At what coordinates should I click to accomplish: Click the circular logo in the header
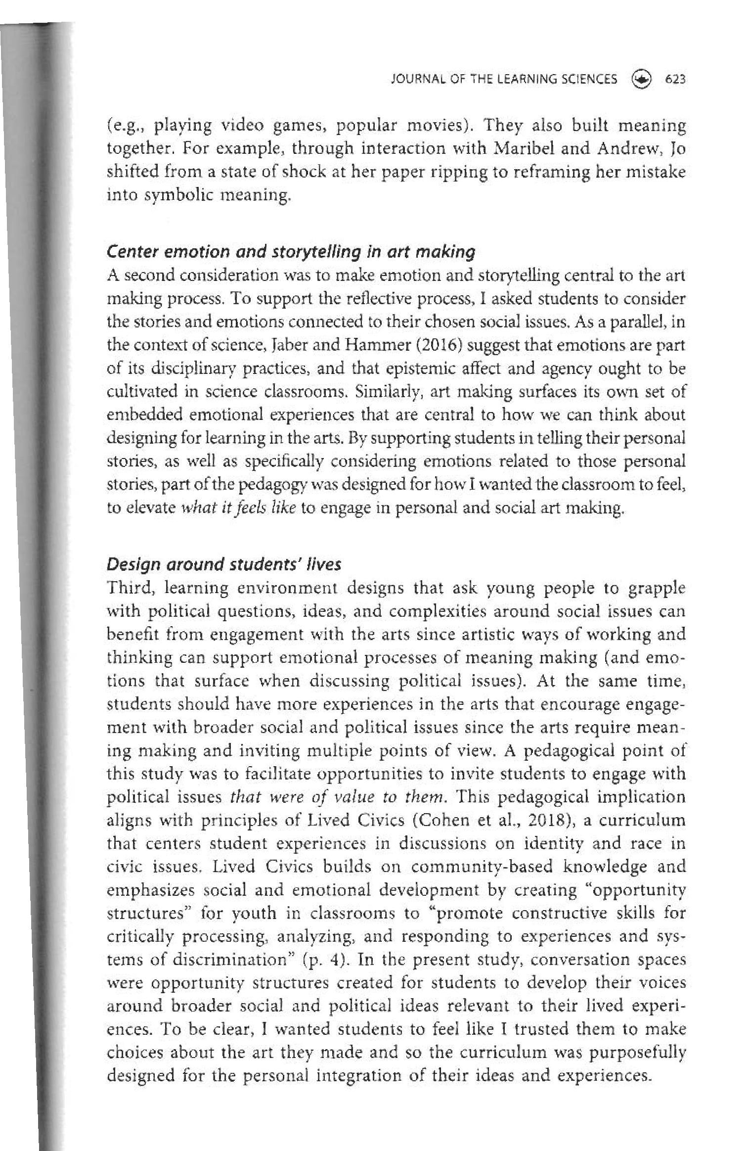click(x=642, y=79)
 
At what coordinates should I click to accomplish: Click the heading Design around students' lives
click(x=224, y=564)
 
